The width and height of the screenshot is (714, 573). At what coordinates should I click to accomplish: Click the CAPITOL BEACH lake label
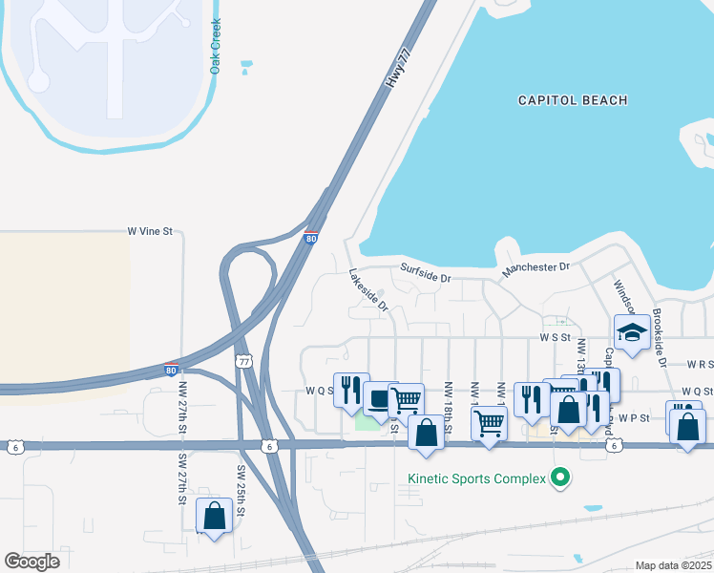(573, 100)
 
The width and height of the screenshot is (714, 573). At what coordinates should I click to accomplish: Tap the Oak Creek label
(216, 46)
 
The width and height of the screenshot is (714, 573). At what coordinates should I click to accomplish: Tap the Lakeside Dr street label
(368, 289)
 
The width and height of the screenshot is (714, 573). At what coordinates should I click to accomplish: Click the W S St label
(554, 337)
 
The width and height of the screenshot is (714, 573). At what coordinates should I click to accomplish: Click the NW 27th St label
(181, 406)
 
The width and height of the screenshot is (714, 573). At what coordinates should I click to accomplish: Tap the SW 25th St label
(241, 492)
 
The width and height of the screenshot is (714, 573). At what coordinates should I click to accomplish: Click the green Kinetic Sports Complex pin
(561, 477)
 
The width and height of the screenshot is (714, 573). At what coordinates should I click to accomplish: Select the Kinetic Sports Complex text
(475, 477)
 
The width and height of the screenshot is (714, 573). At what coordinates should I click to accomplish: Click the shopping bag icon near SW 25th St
(214, 516)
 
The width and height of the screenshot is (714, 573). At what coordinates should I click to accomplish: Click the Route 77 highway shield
(243, 361)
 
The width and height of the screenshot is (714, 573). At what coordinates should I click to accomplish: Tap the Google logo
(31, 562)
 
